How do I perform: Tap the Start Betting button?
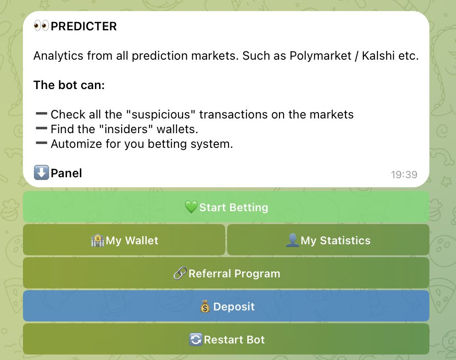(x=226, y=207)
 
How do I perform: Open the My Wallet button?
(x=124, y=240)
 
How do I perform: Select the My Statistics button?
(x=328, y=240)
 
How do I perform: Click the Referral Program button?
(x=226, y=273)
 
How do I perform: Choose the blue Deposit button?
(x=226, y=306)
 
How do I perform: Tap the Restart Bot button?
(x=226, y=339)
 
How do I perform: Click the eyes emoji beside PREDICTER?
(x=41, y=26)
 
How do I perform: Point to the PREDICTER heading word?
(x=84, y=26)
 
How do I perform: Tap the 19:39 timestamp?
(x=404, y=174)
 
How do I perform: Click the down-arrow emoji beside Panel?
(x=41, y=173)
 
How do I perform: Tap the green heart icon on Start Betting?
(x=191, y=207)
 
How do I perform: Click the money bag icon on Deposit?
(x=205, y=306)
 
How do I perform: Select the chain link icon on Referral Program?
(x=180, y=273)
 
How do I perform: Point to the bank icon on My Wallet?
(x=98, y=240)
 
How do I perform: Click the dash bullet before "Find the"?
(x=41, y=128)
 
